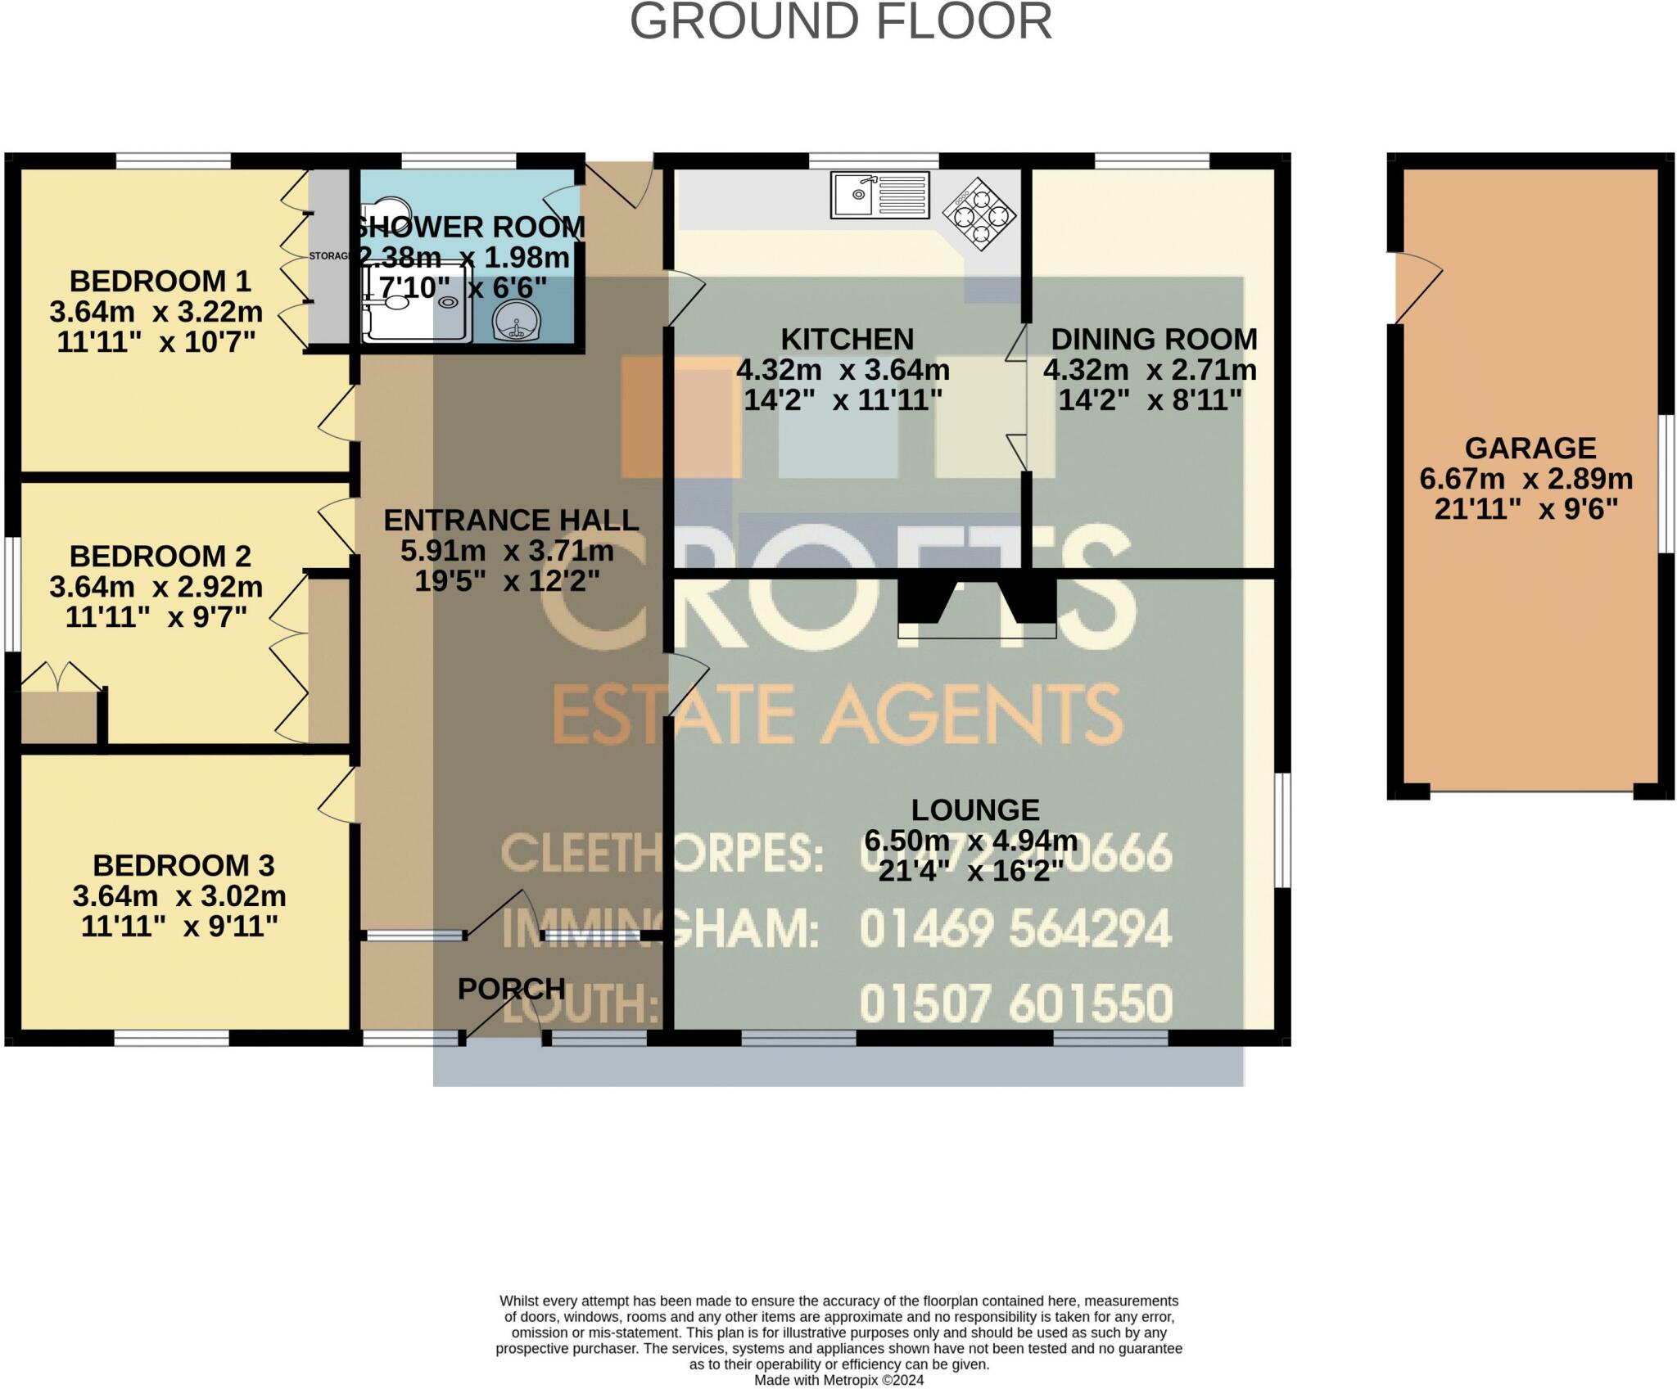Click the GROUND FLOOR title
coord(840,22)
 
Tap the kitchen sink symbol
coord(879,195)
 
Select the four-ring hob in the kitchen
coord(979,213)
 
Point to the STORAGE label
coord(329,256)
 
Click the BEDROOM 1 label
coord(160,281)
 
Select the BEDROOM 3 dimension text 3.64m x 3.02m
coord(179,895)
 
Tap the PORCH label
coord(511,989)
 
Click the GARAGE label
coord(1530,448)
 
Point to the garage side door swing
coord(1417,287)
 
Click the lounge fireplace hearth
coord(977,628)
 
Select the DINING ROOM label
coord(1153,339)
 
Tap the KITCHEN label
coord(847,339)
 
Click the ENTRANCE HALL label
coord(511,520)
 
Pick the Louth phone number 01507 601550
coord(1015,1004)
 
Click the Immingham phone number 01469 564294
coord(1015,929)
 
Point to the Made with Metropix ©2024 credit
coord(838,1380)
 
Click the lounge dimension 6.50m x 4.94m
coord(970,841)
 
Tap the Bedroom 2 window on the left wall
coord(12,594)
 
